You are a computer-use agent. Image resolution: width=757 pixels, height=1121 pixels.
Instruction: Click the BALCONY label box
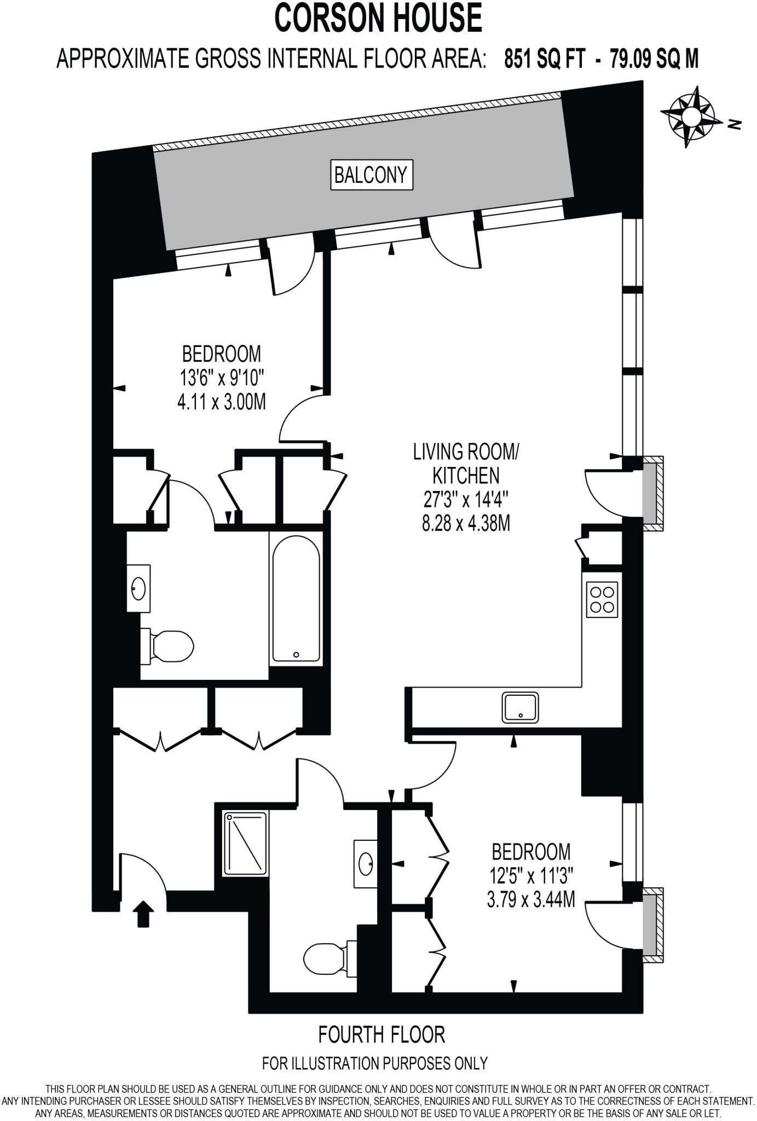[371, 175]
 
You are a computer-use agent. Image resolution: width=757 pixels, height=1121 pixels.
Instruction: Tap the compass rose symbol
[691, 116]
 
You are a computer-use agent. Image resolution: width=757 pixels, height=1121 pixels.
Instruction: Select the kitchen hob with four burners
[602, 599]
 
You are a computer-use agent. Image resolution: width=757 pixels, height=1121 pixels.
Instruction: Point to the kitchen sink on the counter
[520, 707]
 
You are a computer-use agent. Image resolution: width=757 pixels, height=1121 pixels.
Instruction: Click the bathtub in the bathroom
[296, 599]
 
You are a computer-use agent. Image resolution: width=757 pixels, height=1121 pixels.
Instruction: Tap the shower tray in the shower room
[246, 843]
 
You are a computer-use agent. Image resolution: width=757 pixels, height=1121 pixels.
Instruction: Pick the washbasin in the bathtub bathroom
[138, 588]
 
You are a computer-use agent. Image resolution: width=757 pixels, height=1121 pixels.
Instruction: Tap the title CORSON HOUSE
[378, 18]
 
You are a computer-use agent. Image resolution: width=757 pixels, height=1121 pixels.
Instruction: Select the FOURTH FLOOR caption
[382, 1035]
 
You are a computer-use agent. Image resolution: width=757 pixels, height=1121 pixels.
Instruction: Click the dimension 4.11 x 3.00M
[221, 402]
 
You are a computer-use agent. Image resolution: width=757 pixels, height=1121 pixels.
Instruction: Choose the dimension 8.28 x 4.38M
[466, 523]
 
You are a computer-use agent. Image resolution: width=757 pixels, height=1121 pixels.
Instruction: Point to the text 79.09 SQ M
[654, 59]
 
